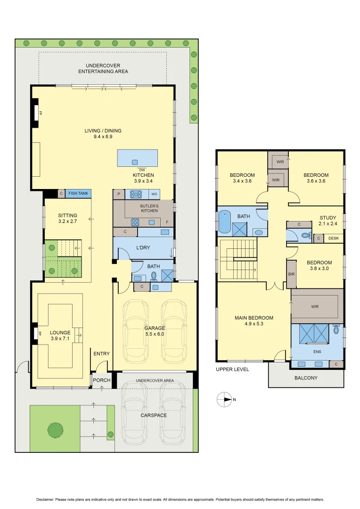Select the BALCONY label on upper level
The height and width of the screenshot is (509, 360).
pyautogui.click(x=306, y=378)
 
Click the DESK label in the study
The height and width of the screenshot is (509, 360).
pyautogui.click(x=334, y=238)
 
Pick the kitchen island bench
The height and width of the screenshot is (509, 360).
pyautogui.click(x=137, y=158)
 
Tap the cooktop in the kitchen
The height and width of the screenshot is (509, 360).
pyautogui.click(x=136, y=194)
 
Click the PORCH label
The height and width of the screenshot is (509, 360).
pyautogui.click(x=101, y=380)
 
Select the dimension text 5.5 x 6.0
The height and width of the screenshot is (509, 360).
pyautogui.click(x=155, y=334)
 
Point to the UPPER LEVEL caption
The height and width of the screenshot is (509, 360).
pyautogui.click(x=232, y=369)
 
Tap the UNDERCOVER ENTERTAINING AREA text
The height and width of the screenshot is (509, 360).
pyautogui.click(x=103, y=68)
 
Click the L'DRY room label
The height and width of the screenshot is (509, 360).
pyautogui.click(x=143, y=248)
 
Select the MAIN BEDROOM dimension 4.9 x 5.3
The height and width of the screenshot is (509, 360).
pyautogui.click(x=254, y=324)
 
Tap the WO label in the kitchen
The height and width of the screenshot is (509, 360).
pyautogui.click(x=154, y=194)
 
